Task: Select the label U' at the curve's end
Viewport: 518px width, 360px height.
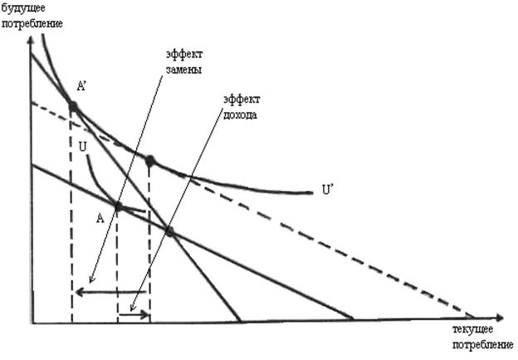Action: click(328, 189)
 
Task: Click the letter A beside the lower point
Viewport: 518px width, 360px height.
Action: click(100, 218)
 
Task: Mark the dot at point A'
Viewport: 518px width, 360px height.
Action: click(72, 106)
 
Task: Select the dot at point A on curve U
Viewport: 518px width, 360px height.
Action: click(118, 207)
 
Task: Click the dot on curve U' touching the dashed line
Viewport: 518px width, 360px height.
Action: click(150, 161)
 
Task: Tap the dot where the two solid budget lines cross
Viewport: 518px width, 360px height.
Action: click(169, 231)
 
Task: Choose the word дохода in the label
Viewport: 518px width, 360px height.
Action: click(240, 115)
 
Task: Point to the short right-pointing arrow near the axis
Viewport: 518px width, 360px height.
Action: click(134, 314)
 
